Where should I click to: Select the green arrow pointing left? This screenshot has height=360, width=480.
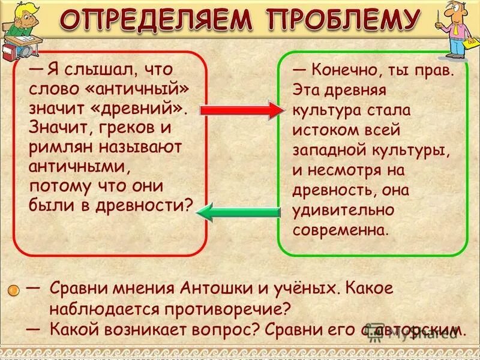pyautogui.click(x=239, y=211)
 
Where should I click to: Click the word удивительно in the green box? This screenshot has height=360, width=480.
pyautogui.click(x=344, y=211)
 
